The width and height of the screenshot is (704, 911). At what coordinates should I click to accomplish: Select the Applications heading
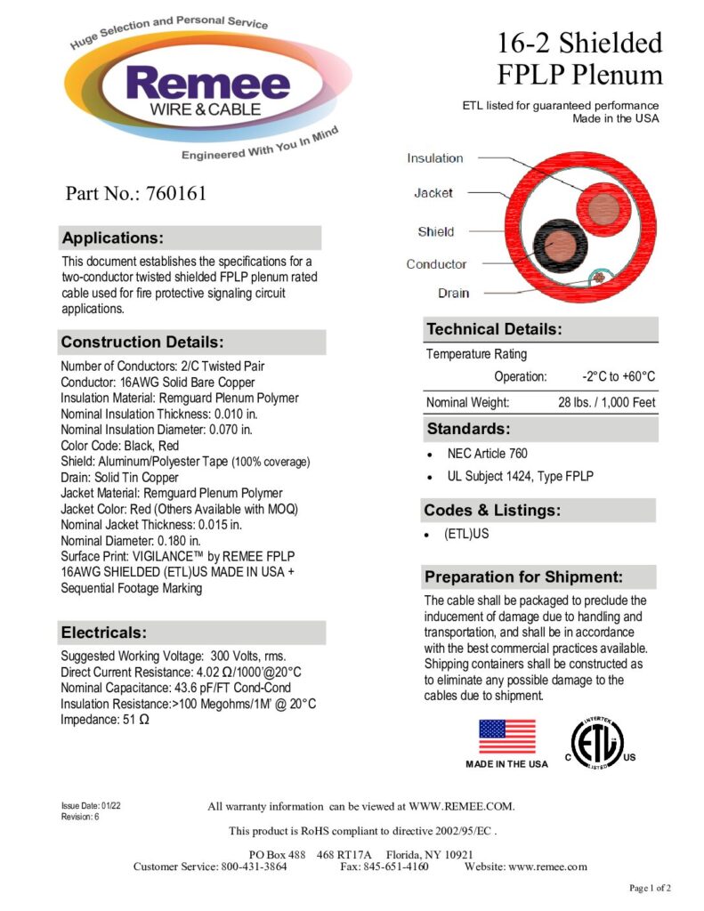click(112, 238)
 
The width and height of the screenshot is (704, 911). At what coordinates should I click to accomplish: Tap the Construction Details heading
click(142, 342)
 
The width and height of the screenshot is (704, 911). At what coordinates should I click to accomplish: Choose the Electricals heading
click(102, 633)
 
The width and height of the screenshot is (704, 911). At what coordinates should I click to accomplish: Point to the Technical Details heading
click(494, 329)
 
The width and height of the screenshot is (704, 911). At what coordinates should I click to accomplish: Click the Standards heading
click(467, 429)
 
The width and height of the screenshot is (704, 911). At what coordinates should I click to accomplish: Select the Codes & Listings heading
click(491, 510)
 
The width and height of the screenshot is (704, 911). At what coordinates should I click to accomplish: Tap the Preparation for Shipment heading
click(523, 576)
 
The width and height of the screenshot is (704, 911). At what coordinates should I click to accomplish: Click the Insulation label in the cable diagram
click(435, 158)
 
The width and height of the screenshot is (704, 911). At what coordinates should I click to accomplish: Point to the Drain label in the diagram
click(453, 293)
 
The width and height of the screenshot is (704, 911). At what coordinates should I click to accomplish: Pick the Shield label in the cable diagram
click(436, 231)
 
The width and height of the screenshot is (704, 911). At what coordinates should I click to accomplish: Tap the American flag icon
click(507, 736)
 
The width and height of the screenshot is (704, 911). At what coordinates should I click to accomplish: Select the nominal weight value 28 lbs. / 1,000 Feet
click(606, 402)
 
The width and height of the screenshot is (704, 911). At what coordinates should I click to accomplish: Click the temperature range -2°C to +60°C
click(619, 376)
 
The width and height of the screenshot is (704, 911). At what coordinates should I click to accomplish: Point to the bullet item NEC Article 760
click(488, 454)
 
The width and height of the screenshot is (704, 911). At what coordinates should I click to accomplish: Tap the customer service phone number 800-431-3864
click(254, 867)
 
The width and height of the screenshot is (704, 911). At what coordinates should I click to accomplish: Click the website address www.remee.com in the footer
click(547, 867)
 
